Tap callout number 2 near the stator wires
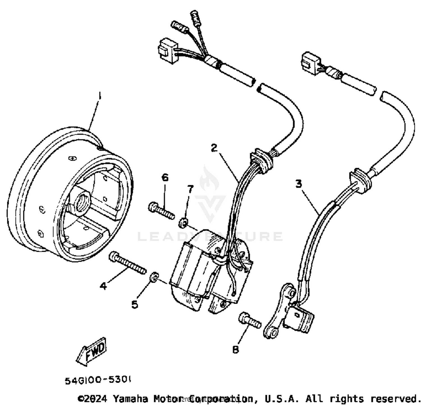pos(214,148)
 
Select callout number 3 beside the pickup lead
pos(298,184)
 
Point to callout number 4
pos(103,286)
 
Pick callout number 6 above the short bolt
pos(165,178)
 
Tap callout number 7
pos(191,189)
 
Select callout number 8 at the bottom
pos(235,350)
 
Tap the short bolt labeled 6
pos(161,211)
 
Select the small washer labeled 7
pos(183,223)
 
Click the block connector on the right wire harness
pos(310,63)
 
